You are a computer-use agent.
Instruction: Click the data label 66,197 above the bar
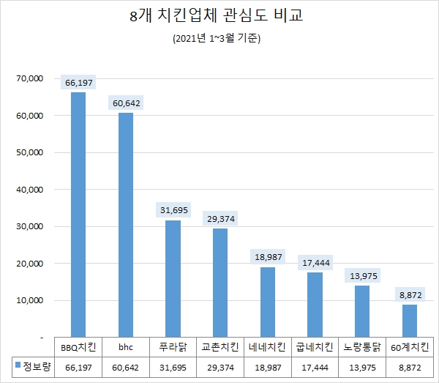[78, 83]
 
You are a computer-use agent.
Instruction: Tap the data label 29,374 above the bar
[220, 219]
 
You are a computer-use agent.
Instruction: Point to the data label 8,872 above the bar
[410, 294]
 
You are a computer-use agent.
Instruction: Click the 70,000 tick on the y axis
[30, 78]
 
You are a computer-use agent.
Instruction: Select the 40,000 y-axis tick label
[30, 190]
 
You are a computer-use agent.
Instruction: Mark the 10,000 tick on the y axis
[30, 300]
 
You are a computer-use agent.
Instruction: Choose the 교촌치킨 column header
[220, 346]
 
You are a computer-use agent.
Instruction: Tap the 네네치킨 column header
[268, 346]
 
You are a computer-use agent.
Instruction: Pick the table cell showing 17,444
[315, 365]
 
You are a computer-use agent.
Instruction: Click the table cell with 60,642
[126, 365]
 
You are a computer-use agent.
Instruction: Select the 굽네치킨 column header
[315, 346]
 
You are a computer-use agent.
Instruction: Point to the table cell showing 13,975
[362, 365]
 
